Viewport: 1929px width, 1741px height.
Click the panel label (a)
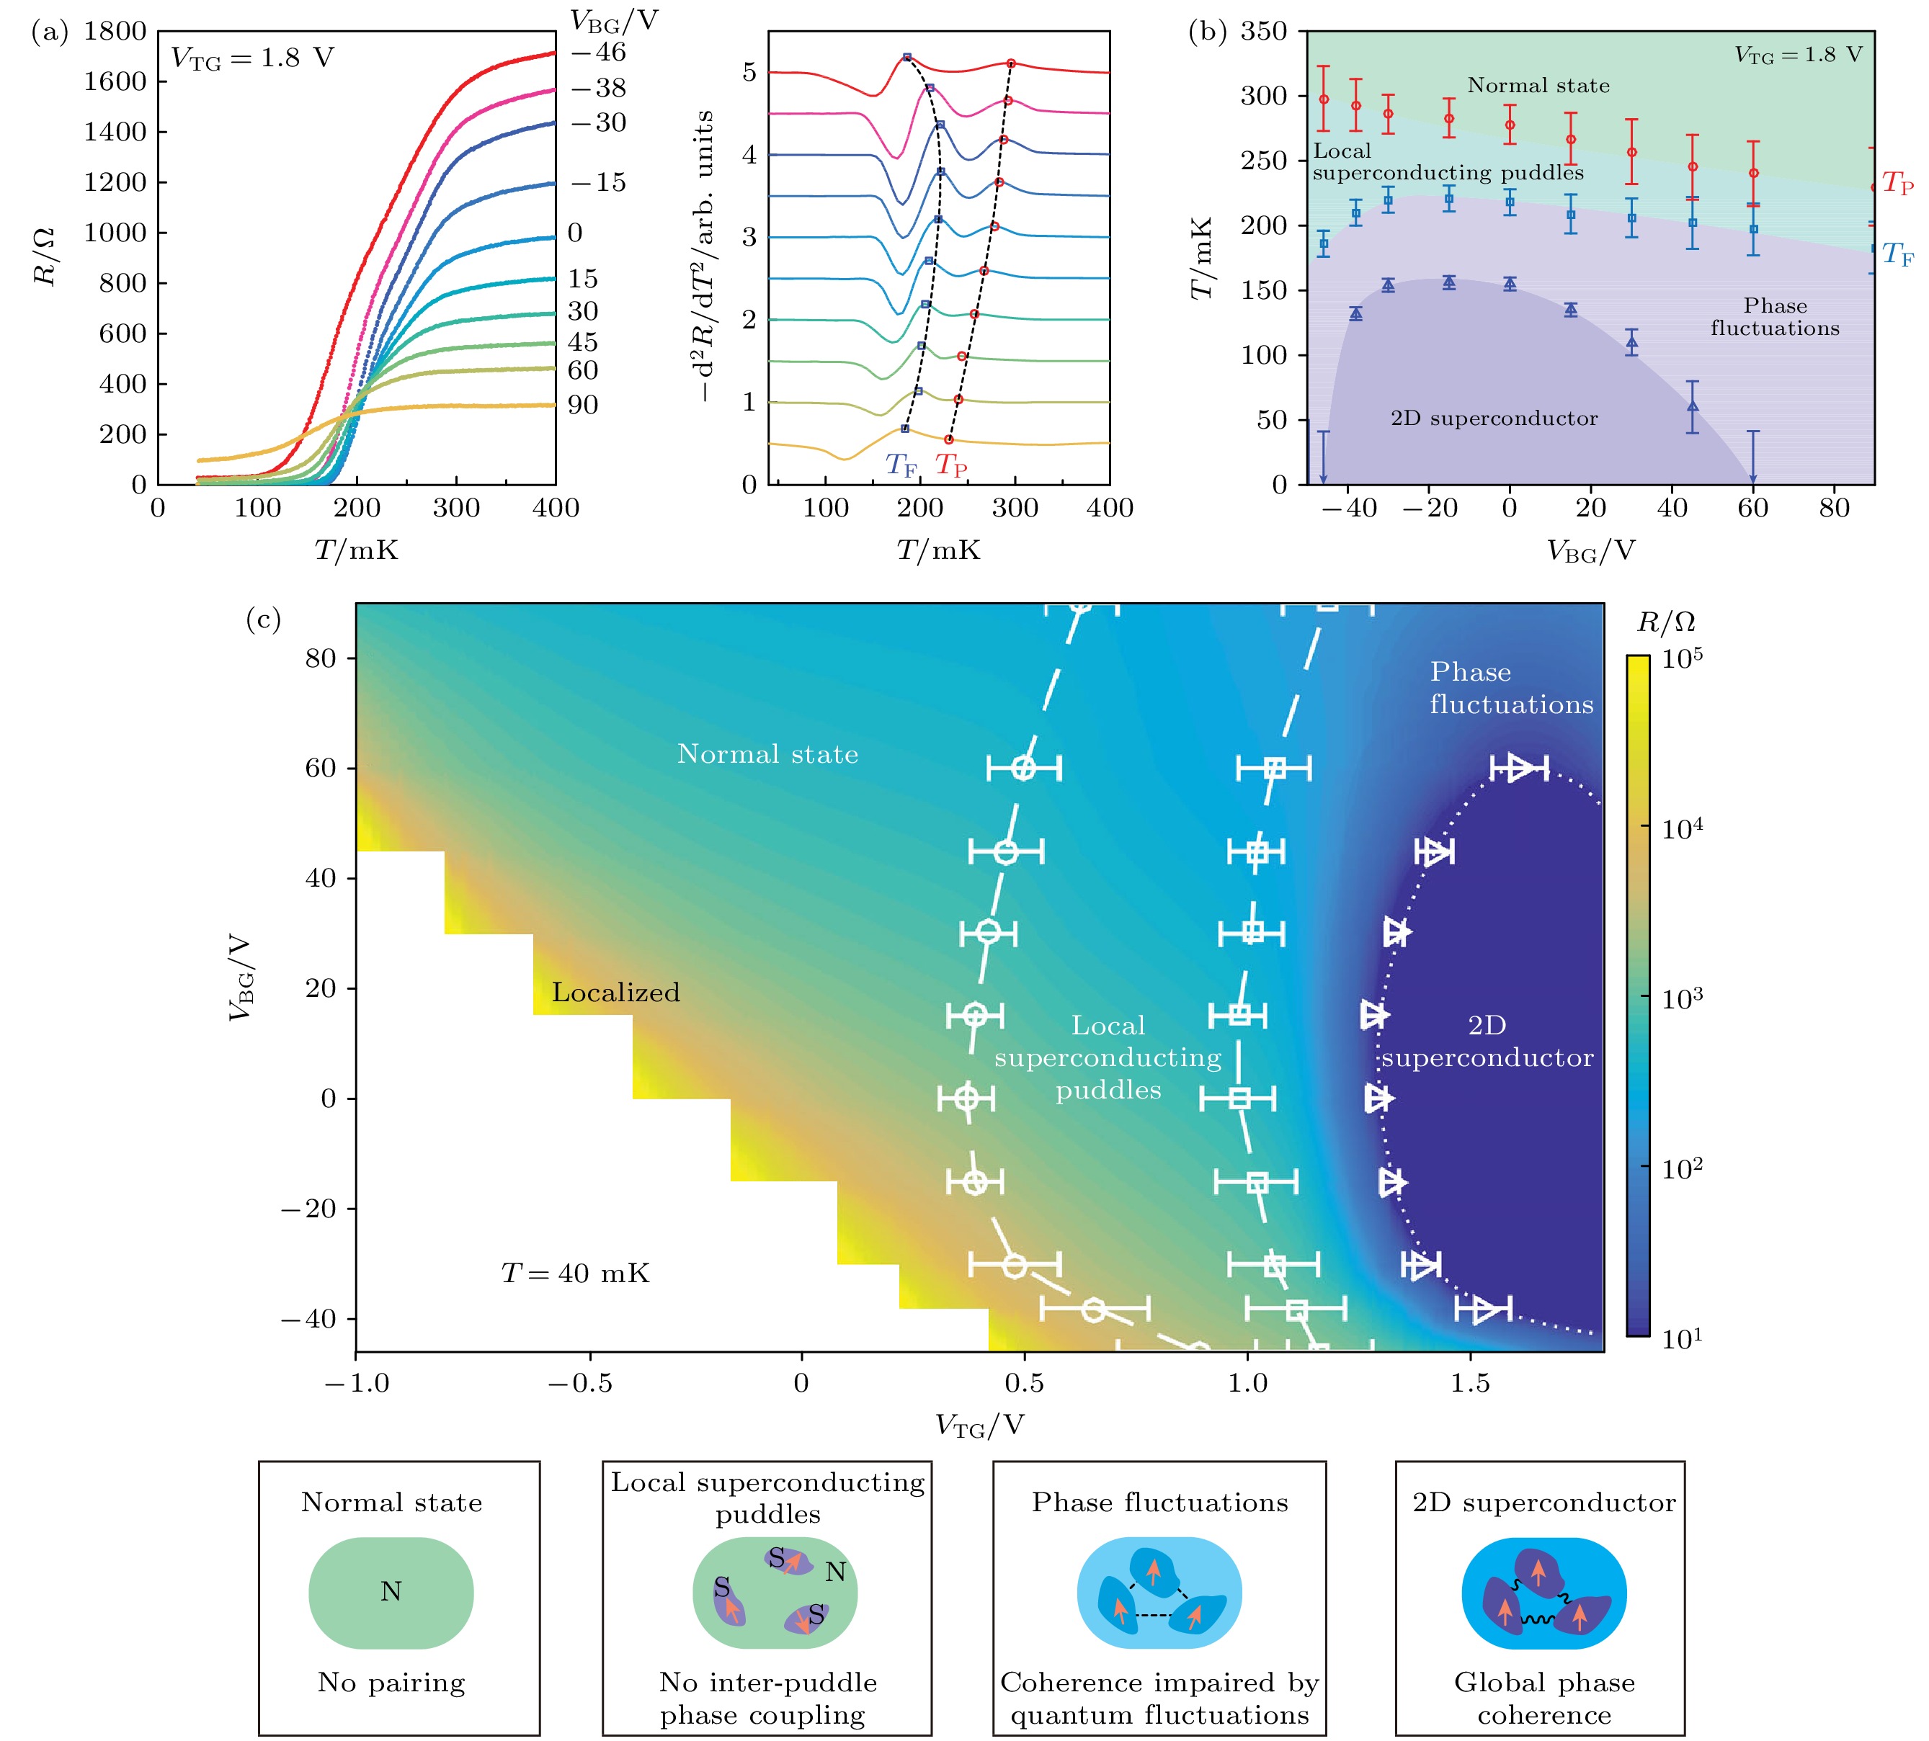point(50,33)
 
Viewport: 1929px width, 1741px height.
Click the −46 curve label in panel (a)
point(598,53)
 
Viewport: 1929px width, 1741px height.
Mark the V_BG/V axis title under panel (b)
point(1590,551)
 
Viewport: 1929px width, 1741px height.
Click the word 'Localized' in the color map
point(615,993)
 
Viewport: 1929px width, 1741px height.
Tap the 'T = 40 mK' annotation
point(575,1274)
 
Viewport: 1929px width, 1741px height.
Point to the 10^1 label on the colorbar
point(1682,1339)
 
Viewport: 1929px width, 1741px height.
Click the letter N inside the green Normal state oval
point(391,1591)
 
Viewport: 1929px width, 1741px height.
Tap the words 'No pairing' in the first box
point(391,1683)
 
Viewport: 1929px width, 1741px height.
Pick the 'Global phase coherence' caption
point(1543,1698)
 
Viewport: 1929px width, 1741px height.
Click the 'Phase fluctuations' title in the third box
point(1159,1503)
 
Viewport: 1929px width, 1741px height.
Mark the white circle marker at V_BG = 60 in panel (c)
point(1024,768)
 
